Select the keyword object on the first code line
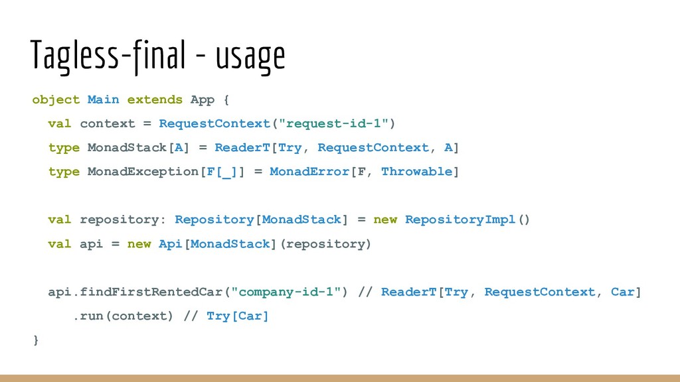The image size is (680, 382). coord(56,99)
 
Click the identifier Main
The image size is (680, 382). coord(104,99)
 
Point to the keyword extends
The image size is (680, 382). coord(155,99)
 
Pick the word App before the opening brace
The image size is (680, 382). coord(203,99)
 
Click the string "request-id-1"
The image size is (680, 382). coord(333,123)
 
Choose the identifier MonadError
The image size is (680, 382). coord(309,172)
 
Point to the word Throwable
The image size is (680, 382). coord(416,172)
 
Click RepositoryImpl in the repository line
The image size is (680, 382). coord(460,220)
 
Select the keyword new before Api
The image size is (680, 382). coord(139,244)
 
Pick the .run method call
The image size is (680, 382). coord(87,316)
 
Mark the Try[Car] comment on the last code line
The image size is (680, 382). coord(238,316)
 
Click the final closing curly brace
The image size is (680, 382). coord(36,340)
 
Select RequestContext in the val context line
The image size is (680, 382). coord(214,123)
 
